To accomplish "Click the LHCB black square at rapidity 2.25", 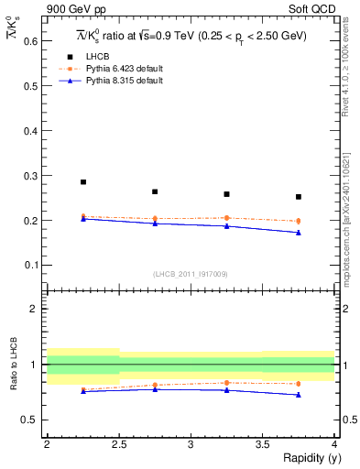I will click(x=83, y=181).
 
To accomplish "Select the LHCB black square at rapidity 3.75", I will click(x=299, y=196).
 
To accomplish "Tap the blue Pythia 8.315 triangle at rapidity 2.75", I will click(x=155, y=223).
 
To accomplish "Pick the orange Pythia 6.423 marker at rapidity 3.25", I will click(x=226, y=218).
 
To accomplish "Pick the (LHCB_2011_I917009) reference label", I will click(x=190, y=273).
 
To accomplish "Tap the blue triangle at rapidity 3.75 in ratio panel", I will click(x=299, y=395).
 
